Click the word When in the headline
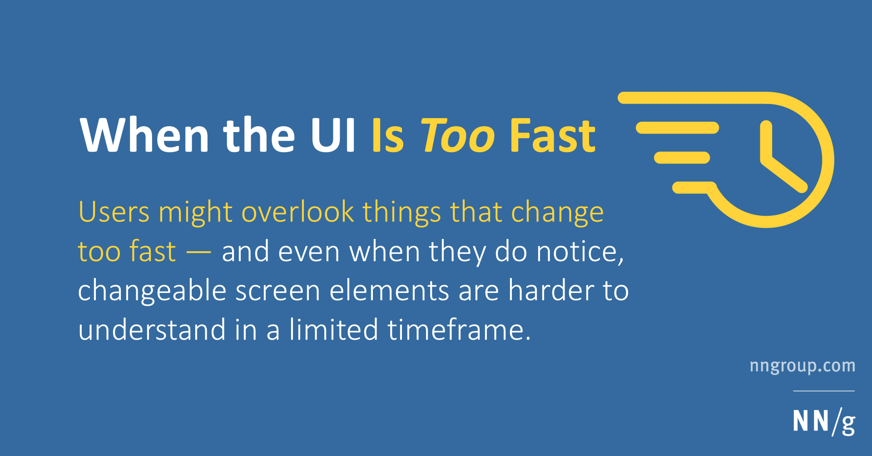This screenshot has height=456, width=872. [144, 135]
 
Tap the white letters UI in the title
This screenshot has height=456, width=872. [333, 135]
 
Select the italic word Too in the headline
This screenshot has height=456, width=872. [458, 135]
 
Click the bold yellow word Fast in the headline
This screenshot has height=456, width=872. [552, 135]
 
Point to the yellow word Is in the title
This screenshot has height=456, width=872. [387, 135]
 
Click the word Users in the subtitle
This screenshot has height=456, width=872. [114, 212]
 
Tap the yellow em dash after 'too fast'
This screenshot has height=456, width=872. [199, 252]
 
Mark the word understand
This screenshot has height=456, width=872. [152, 330]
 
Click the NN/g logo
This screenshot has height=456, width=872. [824, 422]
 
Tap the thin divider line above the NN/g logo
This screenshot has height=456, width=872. [824, 391]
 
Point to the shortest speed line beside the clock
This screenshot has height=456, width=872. [682, 158]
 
